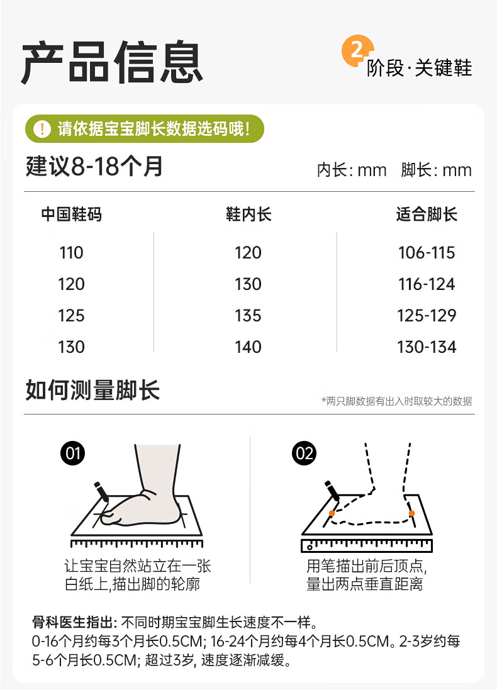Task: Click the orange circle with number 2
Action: click(x=357, y=51)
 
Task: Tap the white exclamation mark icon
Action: click(x=42, y=129)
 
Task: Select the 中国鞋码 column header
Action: click(x=71, y=214)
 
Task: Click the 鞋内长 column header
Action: click(x=248, y=214)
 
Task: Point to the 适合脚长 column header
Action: click(x=427, y=214)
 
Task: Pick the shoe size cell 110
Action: click(x=71, y=253)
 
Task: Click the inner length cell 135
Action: click(x=248, y=316)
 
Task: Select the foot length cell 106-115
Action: click(x=427, y=253)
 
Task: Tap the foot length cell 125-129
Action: click(x=427, y=316)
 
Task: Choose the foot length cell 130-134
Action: click(x=427, y=347)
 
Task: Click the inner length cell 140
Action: click(x=248, y=347)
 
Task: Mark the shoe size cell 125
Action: click(x=71, y=316)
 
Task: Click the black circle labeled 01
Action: click(x=72, y=454)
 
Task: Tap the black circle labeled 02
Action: click(x=304, y=454)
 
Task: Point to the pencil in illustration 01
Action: click(x=101, y=491)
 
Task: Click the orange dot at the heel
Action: click(x=411, y=513)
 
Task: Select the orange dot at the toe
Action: click(x=332, y=513)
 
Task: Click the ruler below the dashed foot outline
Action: click(x=367, y=545)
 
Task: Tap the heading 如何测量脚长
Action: click(x=92, y=390)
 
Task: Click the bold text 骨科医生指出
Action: click(x=72, y=622)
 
